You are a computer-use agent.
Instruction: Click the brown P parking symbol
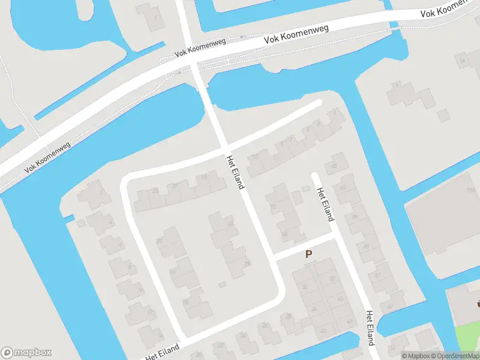point(309,254)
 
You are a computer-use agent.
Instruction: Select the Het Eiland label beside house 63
point(325,205)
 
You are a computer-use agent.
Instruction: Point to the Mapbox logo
point(26,353)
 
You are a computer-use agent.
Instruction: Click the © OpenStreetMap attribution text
point(454,356)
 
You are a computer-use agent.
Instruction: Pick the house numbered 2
point(101,192)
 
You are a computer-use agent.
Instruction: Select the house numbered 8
point(128,267)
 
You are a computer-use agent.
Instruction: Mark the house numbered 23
point(155,190)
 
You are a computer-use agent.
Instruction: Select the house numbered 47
point(390,306)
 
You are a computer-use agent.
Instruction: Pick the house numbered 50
point(285,234)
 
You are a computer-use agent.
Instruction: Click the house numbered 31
point(172,272)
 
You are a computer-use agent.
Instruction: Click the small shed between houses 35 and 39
point(222,284)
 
